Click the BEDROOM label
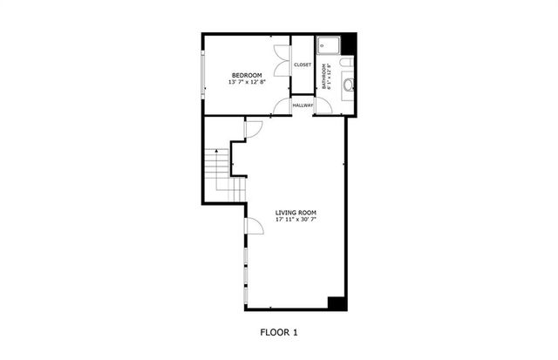(248, 75)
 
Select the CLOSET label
(303, 65)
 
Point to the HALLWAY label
(303, 105)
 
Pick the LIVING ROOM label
(296, 213)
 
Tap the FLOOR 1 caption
(279, 331)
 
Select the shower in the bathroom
(328, 45)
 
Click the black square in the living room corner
(337, 302)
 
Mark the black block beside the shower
(350, 43)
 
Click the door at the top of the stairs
(254, 129)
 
